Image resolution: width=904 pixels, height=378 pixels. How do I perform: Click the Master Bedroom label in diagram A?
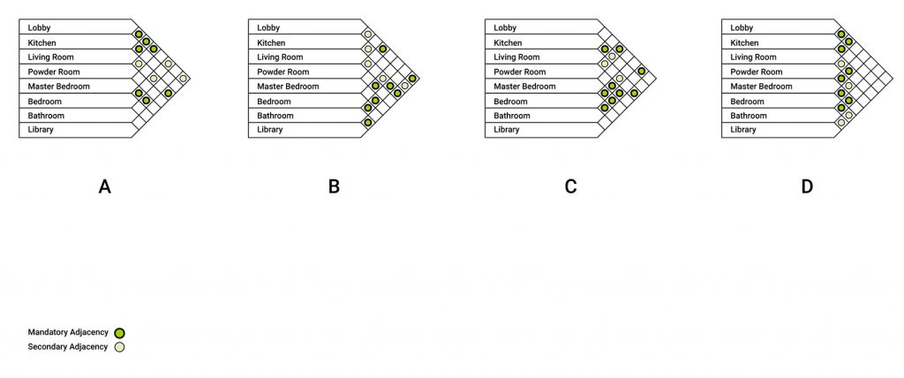click(59, 86)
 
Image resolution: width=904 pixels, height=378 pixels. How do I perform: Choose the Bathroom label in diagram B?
click(275, 116)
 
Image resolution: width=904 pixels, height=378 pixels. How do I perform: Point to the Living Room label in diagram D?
click(753, 57)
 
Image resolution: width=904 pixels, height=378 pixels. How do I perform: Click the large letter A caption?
click(104, 186)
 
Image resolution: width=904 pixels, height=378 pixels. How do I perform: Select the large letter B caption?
click(334, 186)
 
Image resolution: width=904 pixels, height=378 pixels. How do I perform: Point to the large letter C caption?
click(570, 186)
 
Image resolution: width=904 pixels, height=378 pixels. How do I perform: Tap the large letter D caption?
click(807, 186)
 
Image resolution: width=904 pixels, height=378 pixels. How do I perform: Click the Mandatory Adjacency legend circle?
click(119, 333)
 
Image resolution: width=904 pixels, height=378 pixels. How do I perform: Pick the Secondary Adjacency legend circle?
click(119, 347)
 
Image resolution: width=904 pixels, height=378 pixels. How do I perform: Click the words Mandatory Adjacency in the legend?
click(68, 332)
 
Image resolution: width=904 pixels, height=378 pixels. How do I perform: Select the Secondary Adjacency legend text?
click(68, 347)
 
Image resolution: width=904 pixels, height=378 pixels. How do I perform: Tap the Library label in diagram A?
click(41, 129)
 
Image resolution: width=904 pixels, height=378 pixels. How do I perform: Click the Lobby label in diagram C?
click(505, 27)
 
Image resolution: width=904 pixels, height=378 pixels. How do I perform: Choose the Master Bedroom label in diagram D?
click(761, 86)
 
